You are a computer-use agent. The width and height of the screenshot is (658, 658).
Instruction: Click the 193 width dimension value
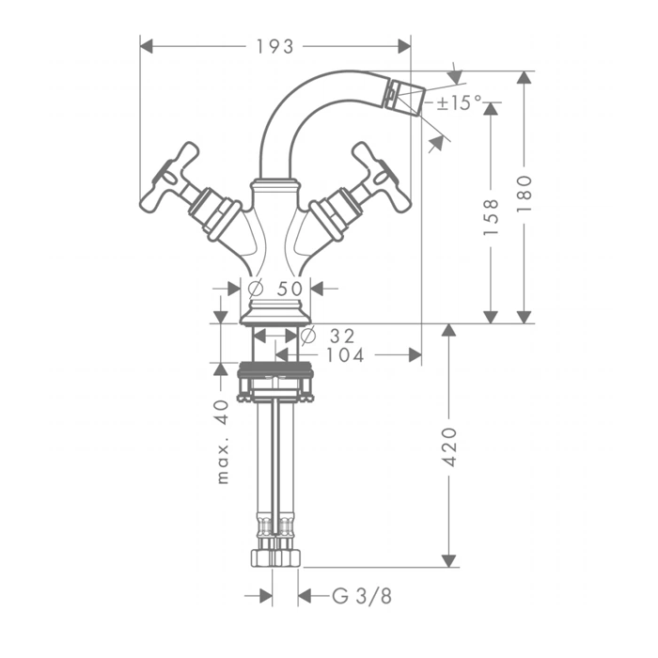pos(274,47)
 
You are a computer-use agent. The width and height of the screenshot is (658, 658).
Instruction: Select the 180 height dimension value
pos(525,194)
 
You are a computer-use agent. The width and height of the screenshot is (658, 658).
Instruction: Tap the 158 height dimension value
pos(491,216)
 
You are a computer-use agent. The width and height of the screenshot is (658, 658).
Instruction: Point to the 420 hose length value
pos(449,446)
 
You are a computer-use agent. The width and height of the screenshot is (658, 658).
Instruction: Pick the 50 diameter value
pos(290,289)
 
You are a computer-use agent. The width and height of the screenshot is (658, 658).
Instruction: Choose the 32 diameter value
pos(342,336)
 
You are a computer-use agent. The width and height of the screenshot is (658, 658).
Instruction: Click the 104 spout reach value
pos(345,355)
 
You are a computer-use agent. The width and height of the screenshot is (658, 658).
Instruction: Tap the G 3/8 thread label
pos(362,595)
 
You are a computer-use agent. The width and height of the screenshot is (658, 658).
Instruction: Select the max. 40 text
pos(223,442)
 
